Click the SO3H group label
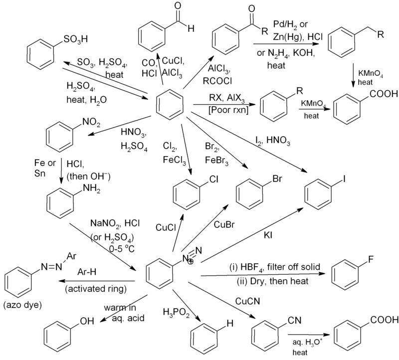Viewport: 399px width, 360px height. (76, 39)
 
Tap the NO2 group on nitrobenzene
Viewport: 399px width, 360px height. (91, 123)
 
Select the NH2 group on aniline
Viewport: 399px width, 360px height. (92, 189)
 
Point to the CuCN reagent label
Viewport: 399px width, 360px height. (247, 301)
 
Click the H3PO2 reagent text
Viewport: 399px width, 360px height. (177, 313)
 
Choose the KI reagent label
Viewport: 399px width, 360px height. (268, 235)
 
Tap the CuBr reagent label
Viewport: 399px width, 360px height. (224, 225)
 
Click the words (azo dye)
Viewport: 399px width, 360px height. (22, 305)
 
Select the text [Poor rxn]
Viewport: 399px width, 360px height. (228, 110)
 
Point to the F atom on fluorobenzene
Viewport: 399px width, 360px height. (371, 259)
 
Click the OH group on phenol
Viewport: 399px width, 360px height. (87, 321)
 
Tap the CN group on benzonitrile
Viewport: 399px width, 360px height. (294, 320)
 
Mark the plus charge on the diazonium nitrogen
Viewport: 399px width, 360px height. (191, 261)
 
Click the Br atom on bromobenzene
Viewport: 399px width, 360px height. (277, 179)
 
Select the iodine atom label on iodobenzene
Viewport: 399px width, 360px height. (344, 179)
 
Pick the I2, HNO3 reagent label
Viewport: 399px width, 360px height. (273, 141)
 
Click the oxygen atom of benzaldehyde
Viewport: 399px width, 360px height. (178, 6)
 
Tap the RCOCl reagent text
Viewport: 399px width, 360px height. (217, 81)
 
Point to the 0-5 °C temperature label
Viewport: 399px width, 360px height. (122, 249)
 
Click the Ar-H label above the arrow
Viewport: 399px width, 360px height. (87, 272)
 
